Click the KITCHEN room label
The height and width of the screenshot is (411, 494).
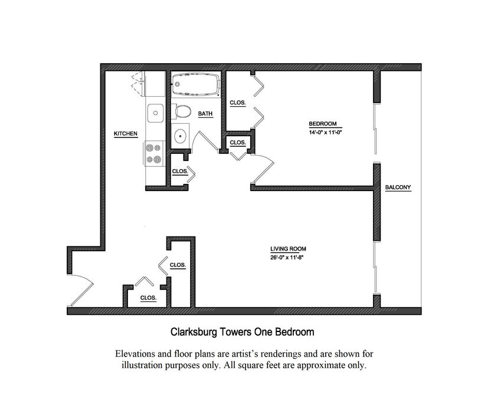pyautogui.click(x=125, y=133)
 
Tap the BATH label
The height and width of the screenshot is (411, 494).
pyautogui.click(x=205, y=114)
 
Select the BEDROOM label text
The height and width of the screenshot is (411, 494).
pyautogui.click(x=322, y=124)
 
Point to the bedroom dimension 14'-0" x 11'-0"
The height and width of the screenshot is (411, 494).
pyautogui.click(x=325, y=133)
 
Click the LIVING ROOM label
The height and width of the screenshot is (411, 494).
pyautogui.click(x=288, y=249)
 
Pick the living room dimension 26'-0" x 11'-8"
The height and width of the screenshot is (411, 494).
pyautogui.click(x=287, y=257)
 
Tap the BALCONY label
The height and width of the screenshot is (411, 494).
pyautogui.click(x=398, y=188)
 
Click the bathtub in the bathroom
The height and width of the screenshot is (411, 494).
pyautogui.click(x=196, y=84)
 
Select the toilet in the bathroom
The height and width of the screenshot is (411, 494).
pyautogui.click(x=182, y=111)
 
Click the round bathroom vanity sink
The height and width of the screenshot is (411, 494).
pyautogui.click(x=181, y=136)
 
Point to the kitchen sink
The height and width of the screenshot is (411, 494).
pyautogui.click(x=155, y=113)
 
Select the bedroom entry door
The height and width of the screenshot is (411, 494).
pyautogui.click(x=262, y=169)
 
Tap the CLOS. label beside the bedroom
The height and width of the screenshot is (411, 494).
pyautogui.click(x=237, y=103)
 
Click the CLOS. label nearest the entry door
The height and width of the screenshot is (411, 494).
pyautogui.click(x=148, y=298)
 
